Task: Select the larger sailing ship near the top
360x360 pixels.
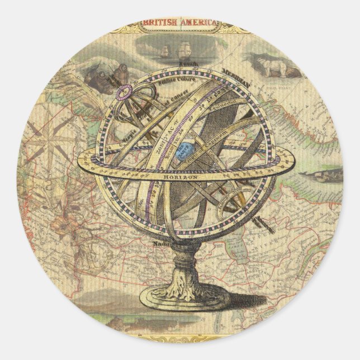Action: (x=183, y=51)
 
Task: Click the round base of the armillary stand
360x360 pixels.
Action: (x=184, y=297)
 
